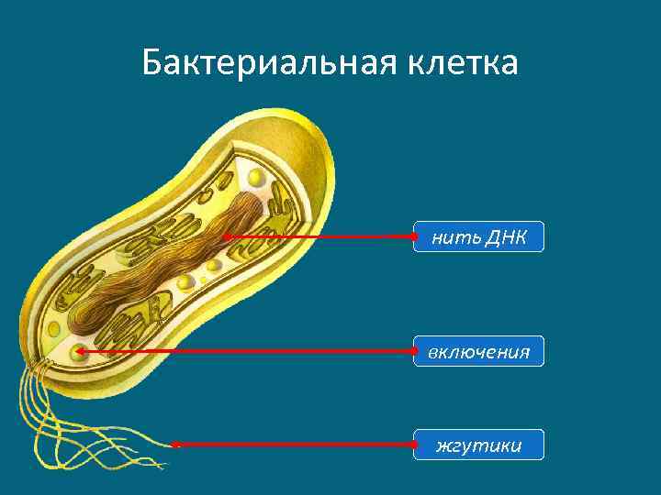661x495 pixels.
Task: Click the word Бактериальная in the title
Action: pos(253,64)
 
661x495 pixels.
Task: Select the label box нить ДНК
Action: pos(478,236)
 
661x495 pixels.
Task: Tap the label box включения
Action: pos(478,351)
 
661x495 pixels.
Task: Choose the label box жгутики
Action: pos(478,445)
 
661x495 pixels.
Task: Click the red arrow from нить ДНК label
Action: pos(321,236)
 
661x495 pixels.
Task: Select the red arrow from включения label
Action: pos(248,351)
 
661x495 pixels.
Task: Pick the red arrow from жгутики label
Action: pos(294,445)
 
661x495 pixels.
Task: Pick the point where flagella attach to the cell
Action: pos(41,367)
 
